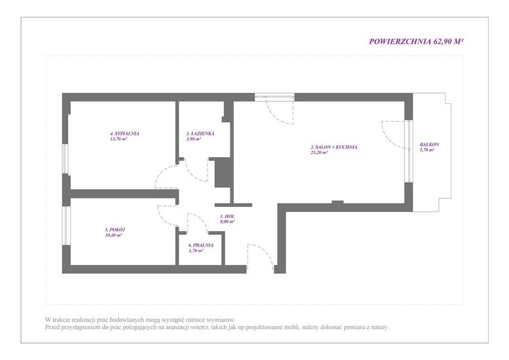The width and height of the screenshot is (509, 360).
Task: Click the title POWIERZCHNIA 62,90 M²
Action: pyautogui.click(x=416, y=42)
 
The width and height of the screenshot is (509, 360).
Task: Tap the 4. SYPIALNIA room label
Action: pyautogui.click(x=125, y=134)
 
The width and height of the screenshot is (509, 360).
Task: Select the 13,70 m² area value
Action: pyautogui.click(x=118, y=139)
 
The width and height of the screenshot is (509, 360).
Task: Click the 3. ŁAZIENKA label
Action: pyautogui.click(x=200, y=134)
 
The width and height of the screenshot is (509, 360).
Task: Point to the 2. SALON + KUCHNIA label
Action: pyautogui.click(x=334, y=147)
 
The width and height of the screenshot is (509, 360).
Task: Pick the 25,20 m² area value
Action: pyautogui.click(x=319, y=152)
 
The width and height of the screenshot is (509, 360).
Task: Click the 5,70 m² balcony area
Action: pyautogui.click(x=427, y=150)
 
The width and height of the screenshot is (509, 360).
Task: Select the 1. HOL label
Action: pyautogui.click(x=227, y=217)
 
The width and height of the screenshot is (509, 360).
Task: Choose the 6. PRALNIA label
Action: pyautogui.click(x=201, y=245)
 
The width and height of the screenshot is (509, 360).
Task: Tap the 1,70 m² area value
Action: pyautogui.click(x=196, y=251)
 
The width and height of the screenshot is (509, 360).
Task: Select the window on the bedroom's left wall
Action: pyautogui.click(x=65, y=159)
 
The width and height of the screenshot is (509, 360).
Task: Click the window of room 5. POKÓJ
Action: pyautogui.click(x=65, y=225)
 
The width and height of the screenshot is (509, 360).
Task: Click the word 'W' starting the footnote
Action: pyautogui.click(x=48, y=319)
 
